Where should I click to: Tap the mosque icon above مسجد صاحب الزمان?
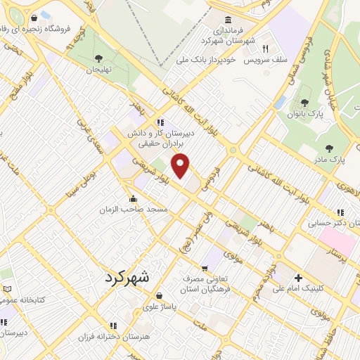(x=134, y=198)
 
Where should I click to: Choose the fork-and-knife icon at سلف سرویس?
(x=265, y=49)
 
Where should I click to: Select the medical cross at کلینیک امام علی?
(x=298, y=278)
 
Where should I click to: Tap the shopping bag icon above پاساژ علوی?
(x=161, y=295)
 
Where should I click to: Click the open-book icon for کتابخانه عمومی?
(x=7, y=289)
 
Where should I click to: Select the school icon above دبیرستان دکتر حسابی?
(x=340, y=212)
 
